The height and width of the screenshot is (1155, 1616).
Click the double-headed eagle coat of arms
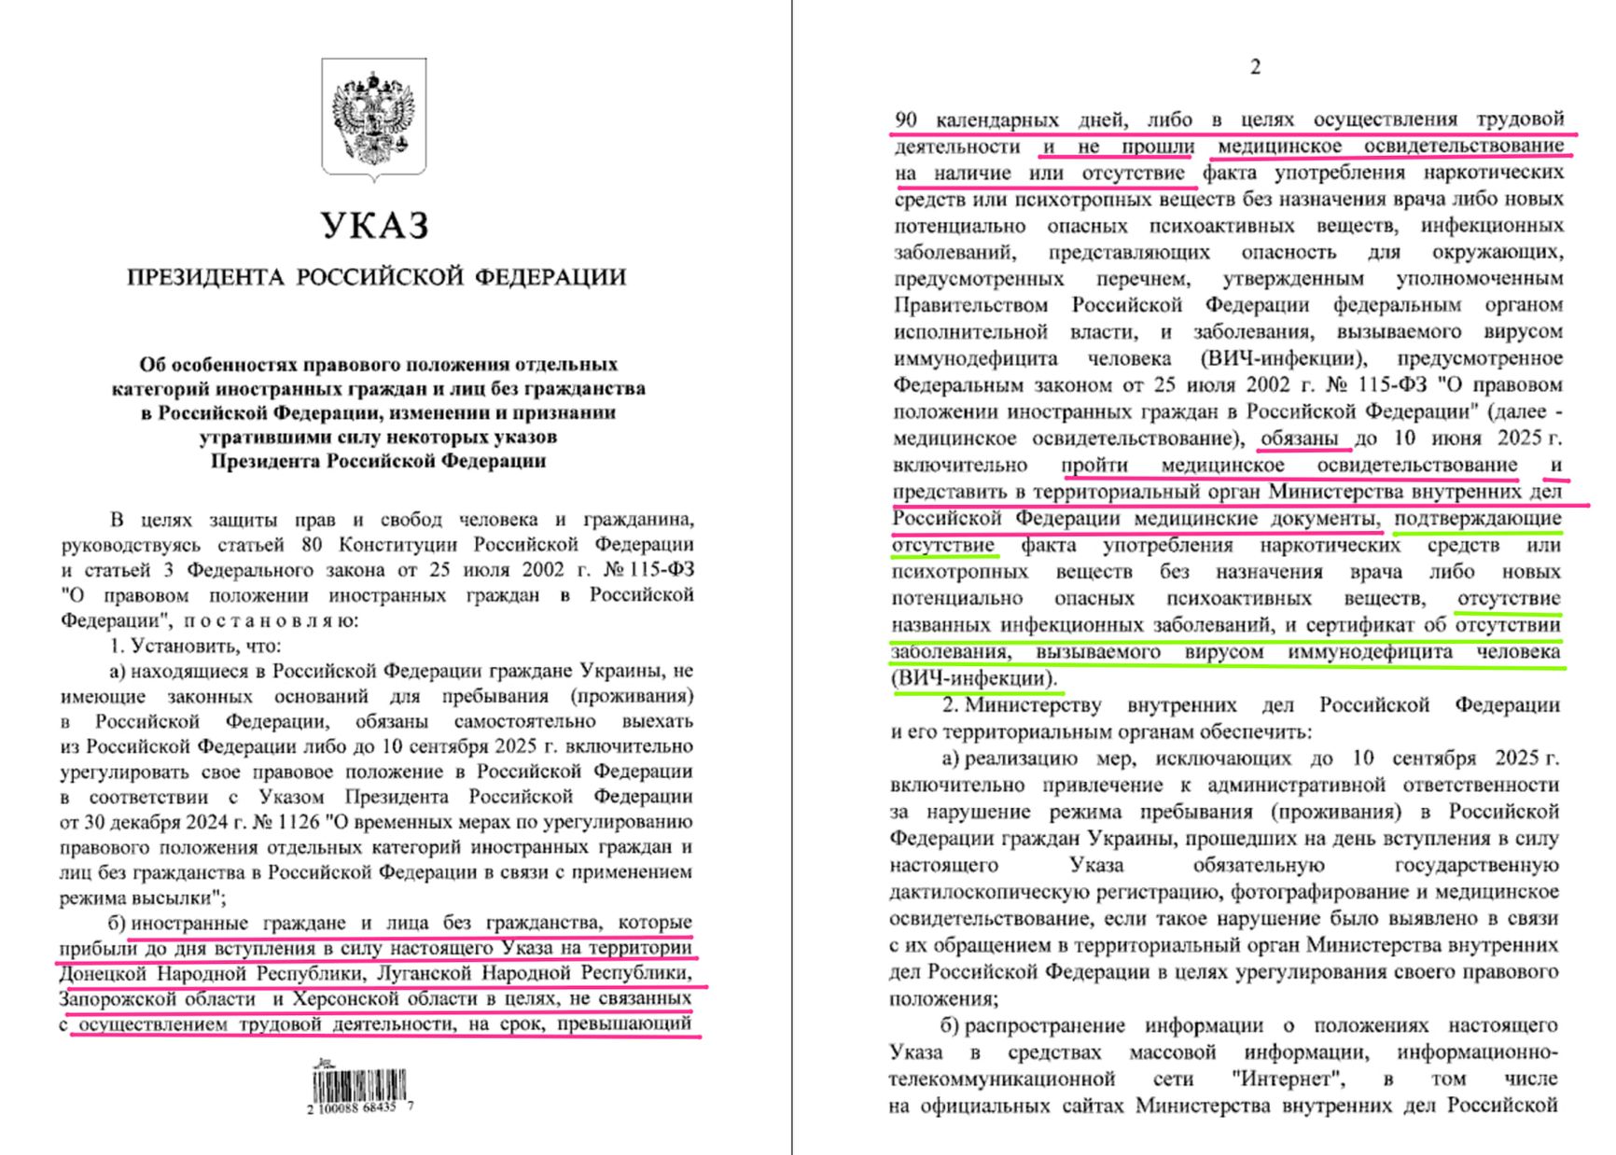[374, 117]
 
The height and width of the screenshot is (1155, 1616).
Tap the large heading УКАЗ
[375, 226]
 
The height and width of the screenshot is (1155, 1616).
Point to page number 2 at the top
[1255, 67]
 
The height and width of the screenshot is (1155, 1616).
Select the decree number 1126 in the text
[296, 822]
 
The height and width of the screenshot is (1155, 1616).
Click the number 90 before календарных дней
[905, 119]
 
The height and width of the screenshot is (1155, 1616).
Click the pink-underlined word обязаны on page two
[1300, 438]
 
